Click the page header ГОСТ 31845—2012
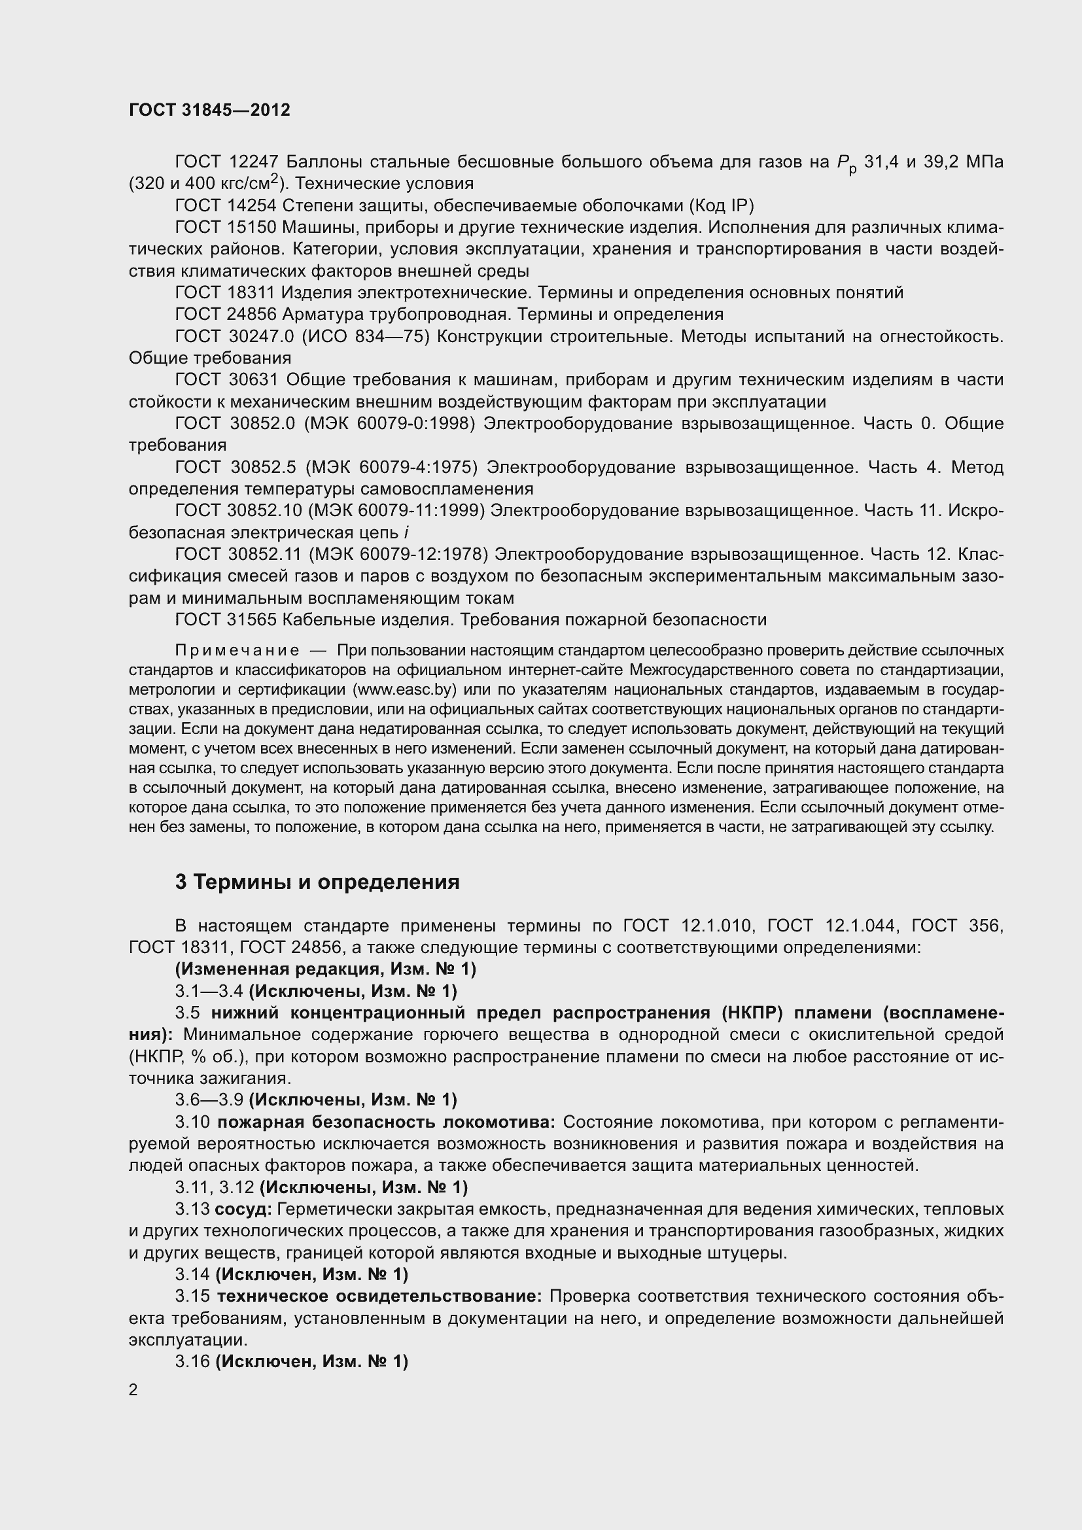click(x=209, y=111)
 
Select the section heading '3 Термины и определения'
click(x=317, y=882)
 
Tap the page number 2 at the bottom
click(x=133, y=1389)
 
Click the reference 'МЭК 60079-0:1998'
click(x=389, y=423)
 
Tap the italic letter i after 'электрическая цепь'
click(x=406, y=532)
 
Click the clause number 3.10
click(x=192, y=1122)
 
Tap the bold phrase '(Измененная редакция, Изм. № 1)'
click(x=326, y=968)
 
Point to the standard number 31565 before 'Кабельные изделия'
click(x=252, y=619)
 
